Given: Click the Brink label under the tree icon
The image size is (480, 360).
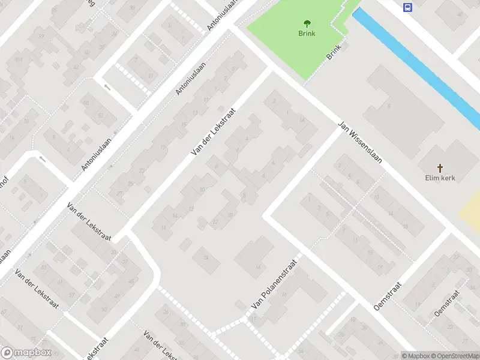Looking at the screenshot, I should [x=307, y=34].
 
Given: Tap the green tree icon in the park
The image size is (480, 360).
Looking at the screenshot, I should [x=307, y=24].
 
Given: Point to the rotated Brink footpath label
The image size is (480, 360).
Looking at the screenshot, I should [x=334, y=52].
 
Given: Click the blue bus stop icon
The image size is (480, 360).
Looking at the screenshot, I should [x=408, y=8].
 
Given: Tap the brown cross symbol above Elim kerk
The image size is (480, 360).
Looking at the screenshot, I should [x=440, y=168].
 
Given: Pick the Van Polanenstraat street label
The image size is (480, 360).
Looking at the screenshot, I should [x=275, y=284].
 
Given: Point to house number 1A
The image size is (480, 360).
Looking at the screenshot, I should [x=302, y=121].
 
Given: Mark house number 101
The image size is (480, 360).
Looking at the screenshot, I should [x=19, y=60].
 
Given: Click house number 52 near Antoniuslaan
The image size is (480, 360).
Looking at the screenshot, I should [x=101, y=115].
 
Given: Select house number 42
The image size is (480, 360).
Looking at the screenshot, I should [x=76, y=67].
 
